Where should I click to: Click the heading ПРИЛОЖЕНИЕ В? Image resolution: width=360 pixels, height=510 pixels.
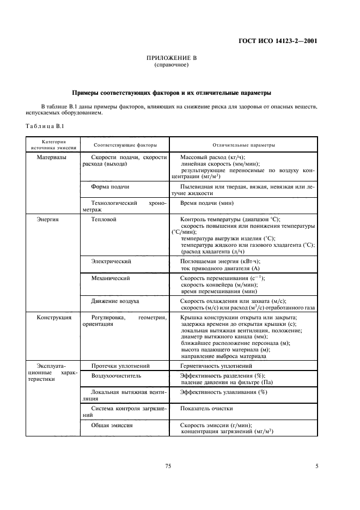(172, 58)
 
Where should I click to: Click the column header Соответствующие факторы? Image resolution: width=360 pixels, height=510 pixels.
(125, 145)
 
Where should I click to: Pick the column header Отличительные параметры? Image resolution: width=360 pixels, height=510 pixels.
(243, 145)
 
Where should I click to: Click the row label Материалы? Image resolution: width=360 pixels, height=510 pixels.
(51, 157)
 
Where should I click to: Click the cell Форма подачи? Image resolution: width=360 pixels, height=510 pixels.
(111, 187)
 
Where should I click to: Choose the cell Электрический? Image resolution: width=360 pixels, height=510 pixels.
(111, 262)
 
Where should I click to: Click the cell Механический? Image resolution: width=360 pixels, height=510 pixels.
(111, 278)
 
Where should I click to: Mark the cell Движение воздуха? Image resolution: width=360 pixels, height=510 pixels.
(115, 301)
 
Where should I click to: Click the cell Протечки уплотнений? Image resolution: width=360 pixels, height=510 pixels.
(120, 366)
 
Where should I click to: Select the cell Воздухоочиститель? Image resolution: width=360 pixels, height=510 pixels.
(116, 376)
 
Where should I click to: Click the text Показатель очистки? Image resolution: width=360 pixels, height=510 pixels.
(206, 408)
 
